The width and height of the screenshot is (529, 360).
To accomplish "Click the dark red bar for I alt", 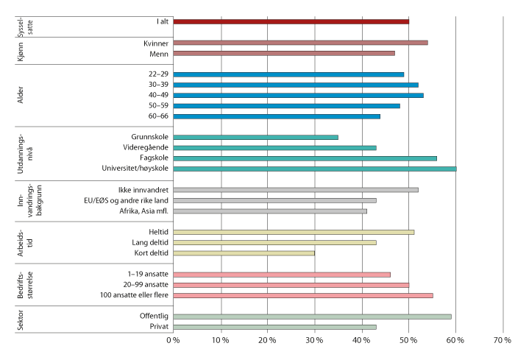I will coord(291,21).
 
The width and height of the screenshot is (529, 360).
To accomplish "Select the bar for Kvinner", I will coord(300,43).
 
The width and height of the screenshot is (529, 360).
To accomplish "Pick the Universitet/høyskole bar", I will coord(315,169).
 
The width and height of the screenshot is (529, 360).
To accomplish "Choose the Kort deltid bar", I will coord(244,253).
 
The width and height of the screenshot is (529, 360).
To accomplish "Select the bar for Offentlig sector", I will coord(312,317).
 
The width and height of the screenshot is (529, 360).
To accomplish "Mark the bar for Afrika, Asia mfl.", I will coord(270,211).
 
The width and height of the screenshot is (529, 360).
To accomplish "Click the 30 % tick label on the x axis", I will coord(315,340).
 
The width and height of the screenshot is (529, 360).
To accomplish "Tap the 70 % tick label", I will coord(503,340).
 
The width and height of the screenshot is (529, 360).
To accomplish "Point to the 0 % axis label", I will coord(174,340).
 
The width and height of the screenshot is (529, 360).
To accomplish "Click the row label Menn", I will coord(157,53).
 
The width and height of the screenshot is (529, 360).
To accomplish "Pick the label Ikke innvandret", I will coord(149,190).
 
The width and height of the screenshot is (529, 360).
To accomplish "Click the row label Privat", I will coord(157,327).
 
